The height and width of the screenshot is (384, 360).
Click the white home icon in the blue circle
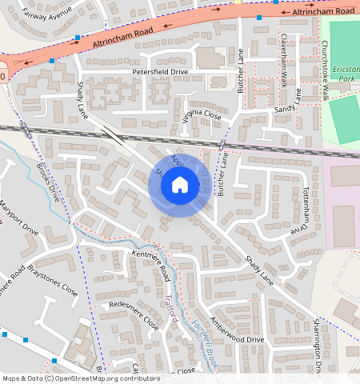[x=180, y=186]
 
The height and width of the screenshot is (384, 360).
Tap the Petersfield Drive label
[x=160, y=72]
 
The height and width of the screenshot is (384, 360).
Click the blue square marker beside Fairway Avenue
[x=77, y=38]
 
